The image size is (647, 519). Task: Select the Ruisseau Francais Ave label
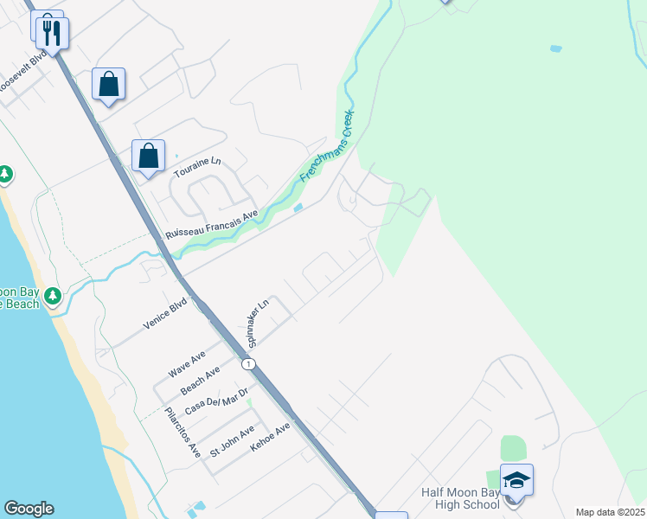[213, 225]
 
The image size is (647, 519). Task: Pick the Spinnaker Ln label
[257, 322]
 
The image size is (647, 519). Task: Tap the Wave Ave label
[187, 364]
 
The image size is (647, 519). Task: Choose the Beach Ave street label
[201, 380]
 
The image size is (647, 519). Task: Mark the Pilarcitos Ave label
[183, 431]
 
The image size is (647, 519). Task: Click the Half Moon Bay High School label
[460, 498]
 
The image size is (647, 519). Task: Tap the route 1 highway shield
[249, 365]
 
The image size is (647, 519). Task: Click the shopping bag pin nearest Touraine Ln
[149, 157]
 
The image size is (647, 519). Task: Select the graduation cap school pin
[516, 480]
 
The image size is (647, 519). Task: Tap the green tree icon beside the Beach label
[53, 297]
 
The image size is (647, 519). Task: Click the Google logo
[29, 509]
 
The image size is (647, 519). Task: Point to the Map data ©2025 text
[609, 512]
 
